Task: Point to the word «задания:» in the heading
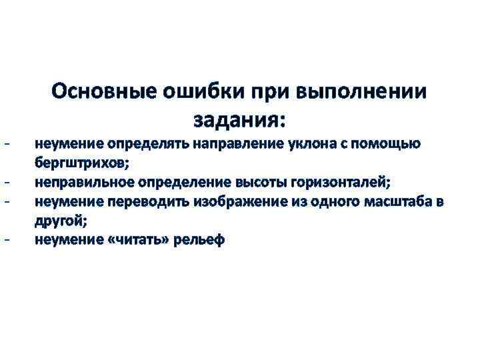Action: [239, 121]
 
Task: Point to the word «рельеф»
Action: [199, 239]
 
